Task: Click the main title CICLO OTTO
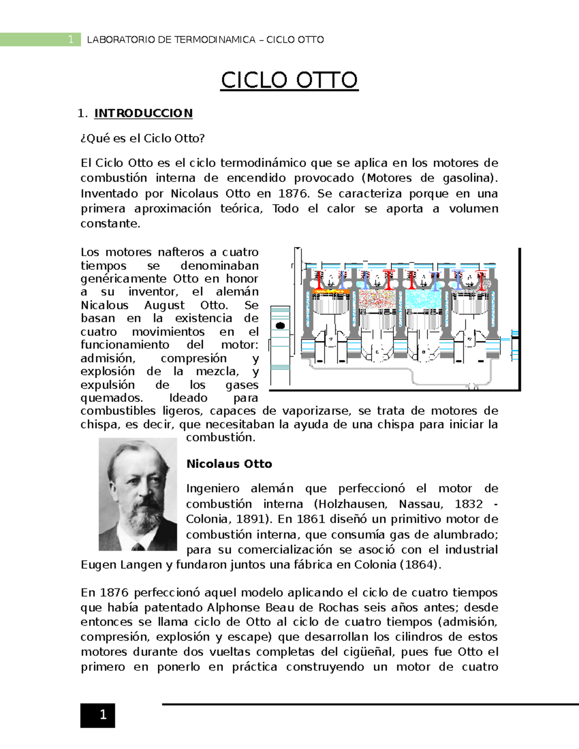click(289, 81)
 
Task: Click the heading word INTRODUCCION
click(143, 113)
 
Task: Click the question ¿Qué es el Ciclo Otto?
click(142, 138)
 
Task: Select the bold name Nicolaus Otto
click(229, 464)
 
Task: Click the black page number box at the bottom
click(98, 715)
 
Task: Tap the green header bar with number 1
click(41, 40)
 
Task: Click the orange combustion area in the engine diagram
click(331, 291)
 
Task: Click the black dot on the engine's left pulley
click(280, 326)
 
